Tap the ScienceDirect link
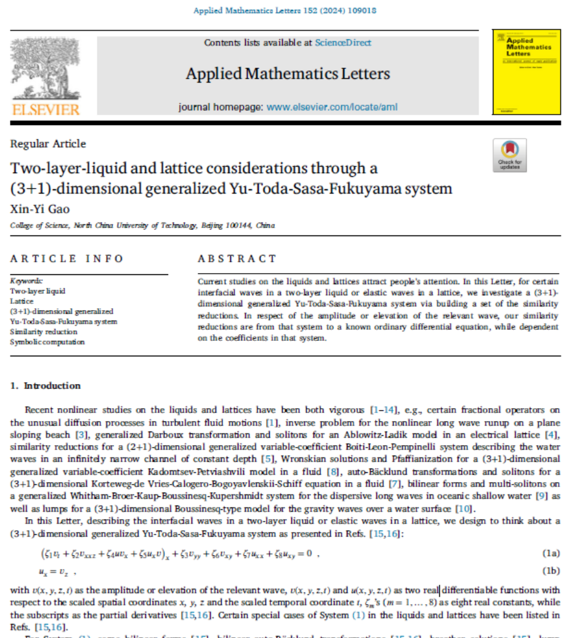(x=343, y=43)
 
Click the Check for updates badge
(x=510, y=155)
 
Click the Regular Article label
(x=48, y=144)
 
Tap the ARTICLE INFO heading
(x=67, y=258)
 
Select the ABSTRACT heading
(x=237, y=258)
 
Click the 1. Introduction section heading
(x=46, y=386)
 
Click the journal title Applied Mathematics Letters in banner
(x=288, y=75)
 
